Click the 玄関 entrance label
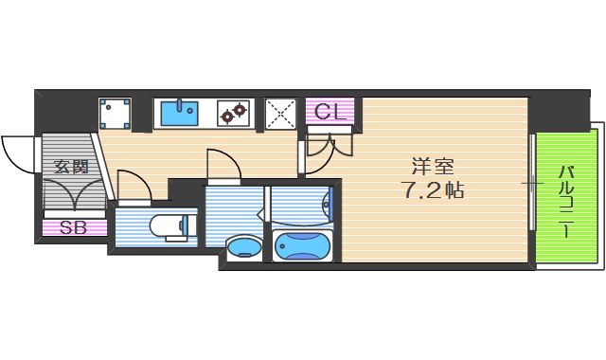click(71, 167)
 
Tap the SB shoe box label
click(72, 227)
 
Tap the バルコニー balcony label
click(566, 202)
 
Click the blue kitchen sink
click(178, 113)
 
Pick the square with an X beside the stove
click(280, 114)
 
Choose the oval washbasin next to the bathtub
click(243, 248)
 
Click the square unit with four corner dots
click(116, 114)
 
